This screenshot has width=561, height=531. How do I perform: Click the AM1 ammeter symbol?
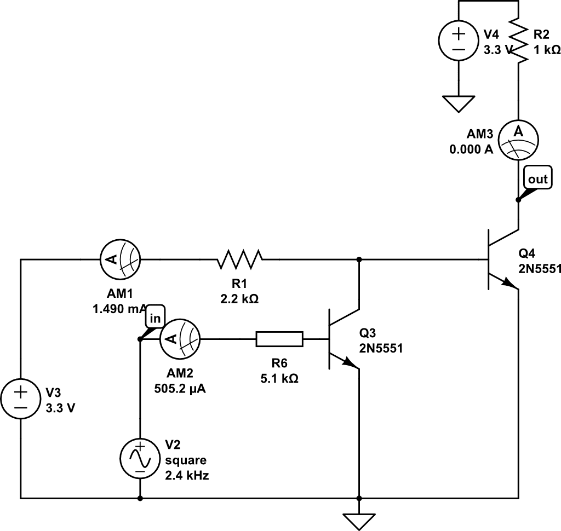pos(120,259)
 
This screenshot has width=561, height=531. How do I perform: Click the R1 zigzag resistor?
pos(240,259)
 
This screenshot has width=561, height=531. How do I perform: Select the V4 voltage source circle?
pos(459,41)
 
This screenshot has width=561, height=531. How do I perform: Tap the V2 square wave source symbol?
pos(140,457)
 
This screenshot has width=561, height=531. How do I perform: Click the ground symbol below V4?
pos(459,103)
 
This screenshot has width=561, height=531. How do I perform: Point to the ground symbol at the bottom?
pos(359,521)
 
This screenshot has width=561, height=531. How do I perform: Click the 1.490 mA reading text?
pos(116,308)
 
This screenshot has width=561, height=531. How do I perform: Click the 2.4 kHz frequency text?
pos(187,475)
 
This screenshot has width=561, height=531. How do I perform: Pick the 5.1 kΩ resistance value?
pos(279,378)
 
